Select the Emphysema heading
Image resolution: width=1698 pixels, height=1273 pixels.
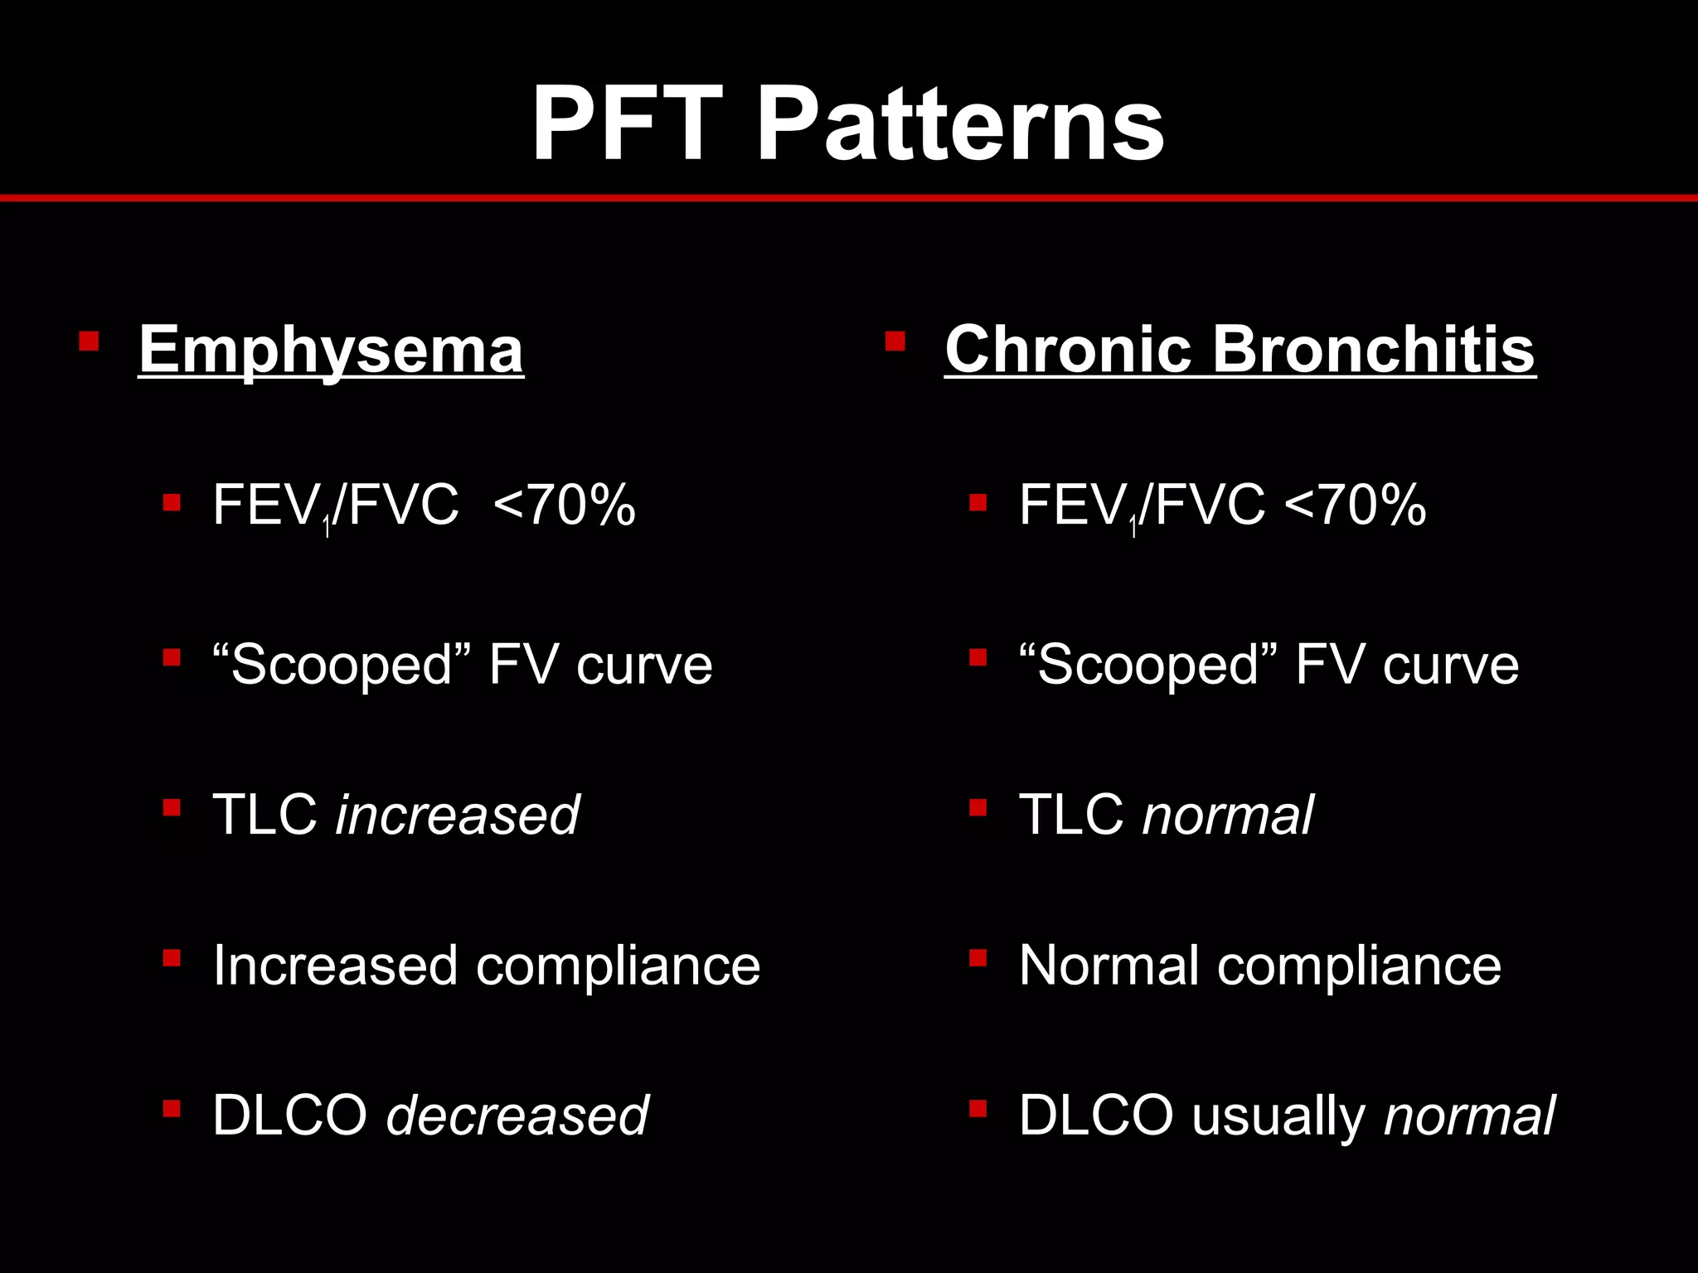pos(331,350)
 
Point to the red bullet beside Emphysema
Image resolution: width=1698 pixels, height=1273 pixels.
pos(89,341)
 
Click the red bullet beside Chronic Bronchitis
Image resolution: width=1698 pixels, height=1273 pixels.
pos(895,341)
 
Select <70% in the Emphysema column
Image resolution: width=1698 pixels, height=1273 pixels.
pos(564,505)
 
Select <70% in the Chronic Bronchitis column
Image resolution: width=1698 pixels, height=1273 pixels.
pos(1355,505)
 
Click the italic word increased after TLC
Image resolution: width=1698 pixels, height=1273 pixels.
pos(457,815)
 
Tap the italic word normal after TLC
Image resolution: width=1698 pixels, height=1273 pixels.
pos(1228,815)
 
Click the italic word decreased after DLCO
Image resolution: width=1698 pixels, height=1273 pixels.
pos(517,1115)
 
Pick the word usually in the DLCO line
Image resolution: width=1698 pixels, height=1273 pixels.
pos(1277,1116)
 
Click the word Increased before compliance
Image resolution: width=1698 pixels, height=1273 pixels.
pos(335,966)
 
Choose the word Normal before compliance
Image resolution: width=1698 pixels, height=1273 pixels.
pos(1109,966)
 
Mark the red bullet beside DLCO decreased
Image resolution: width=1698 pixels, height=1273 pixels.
pos(172,1108)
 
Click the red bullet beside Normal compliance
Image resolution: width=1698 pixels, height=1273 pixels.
pos(978,958)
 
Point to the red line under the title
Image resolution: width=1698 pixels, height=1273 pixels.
pos(849,198)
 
